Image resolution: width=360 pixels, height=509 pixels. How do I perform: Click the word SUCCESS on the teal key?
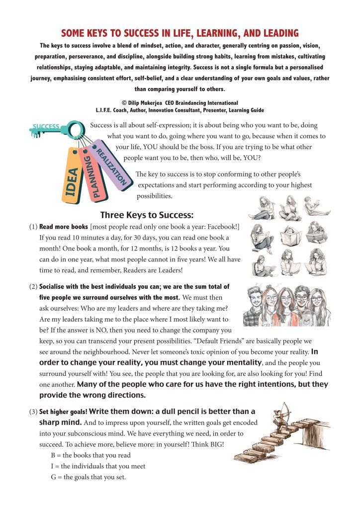point(46,126)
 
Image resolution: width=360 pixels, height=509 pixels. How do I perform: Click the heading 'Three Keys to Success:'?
point(146,215)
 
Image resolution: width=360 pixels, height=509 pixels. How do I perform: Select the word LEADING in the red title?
point(276,34)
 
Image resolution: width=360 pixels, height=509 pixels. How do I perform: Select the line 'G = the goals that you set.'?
point(89,477)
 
